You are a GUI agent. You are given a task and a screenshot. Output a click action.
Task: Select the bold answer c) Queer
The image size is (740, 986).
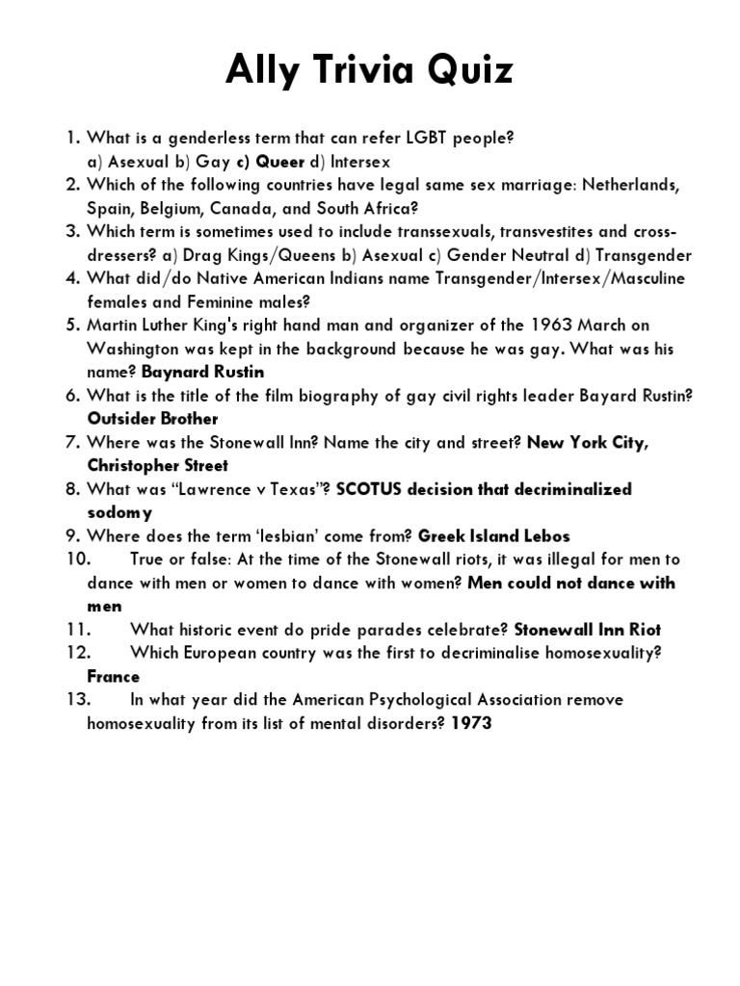click(270, 162)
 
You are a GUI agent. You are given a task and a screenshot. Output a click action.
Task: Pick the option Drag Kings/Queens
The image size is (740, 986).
click(250, 255)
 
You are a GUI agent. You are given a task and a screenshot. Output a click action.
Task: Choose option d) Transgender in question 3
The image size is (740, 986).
click(635, 255)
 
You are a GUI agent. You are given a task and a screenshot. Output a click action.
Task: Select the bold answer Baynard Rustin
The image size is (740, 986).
click(202, 372)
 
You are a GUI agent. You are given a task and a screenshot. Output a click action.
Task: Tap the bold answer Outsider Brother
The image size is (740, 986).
click(153, 419)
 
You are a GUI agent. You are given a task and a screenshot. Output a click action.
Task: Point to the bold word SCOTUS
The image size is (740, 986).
click(371, 489)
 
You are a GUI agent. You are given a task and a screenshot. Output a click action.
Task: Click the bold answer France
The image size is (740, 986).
click(114, 676)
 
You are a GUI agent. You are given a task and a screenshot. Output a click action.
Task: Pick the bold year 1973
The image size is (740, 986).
click(471, 723)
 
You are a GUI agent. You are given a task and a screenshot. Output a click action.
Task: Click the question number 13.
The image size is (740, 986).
click(80, 700)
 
